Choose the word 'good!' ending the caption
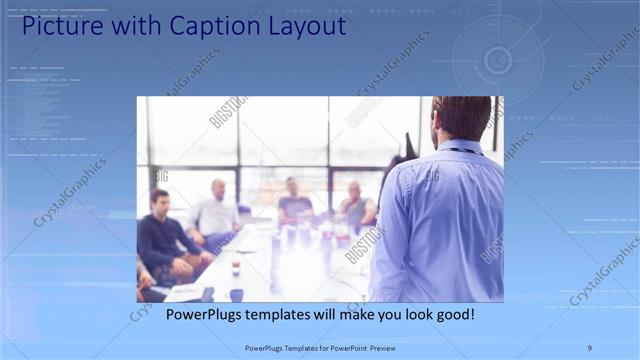click(452, 314)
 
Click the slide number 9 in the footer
click(590, 348)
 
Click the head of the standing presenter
click(462, 117)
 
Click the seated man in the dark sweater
click(160, 235)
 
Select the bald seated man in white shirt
click(217, 210)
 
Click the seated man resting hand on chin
click(355, 205)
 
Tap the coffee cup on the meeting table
click(236, 268)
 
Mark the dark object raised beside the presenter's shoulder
click(406, 150)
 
